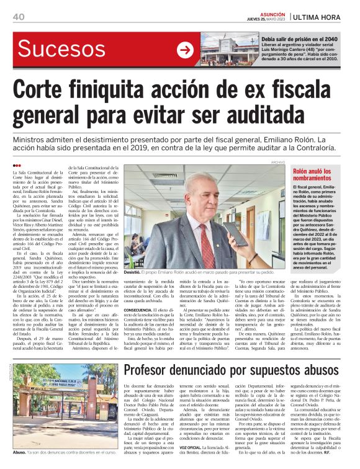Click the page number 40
[x=18, y=16]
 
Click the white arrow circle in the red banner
[x=185, y=50]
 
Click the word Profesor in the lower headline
[x=156, y=354]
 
